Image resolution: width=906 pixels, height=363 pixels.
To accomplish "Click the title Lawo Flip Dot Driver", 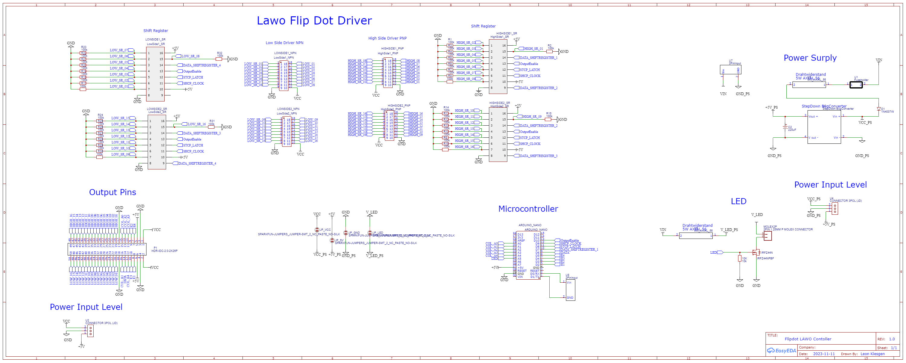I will tap(314, 21).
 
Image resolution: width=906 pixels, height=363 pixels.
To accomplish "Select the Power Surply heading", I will tap(810, 58).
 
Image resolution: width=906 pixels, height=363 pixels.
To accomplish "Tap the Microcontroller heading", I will tap(528, 209).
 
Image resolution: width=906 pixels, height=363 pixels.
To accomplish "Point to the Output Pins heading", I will tap(112, 192).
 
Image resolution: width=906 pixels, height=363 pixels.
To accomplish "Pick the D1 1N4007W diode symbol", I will tap(878, 109).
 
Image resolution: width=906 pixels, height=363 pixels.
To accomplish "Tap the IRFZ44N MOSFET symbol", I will tap(755, 252).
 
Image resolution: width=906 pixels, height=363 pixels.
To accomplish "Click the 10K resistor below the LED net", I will tap(739, 259).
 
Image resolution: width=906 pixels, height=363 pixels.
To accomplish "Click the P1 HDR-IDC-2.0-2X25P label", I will tap(164, 249).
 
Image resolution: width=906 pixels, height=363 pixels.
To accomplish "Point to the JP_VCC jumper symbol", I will tap(317, 230).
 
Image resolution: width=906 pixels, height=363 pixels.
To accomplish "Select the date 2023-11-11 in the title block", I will tap(823, 354).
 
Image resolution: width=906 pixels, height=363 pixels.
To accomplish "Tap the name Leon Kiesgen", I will tap(872, 354).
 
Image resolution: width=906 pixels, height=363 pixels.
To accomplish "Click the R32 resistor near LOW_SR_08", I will tap(219, 59).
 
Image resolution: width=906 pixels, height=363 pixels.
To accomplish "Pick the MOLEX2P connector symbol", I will tap(767, 236).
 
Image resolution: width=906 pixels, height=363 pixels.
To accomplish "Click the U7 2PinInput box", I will tap(730, 70).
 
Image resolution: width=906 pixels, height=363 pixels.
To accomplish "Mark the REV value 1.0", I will tap(892, 339).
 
